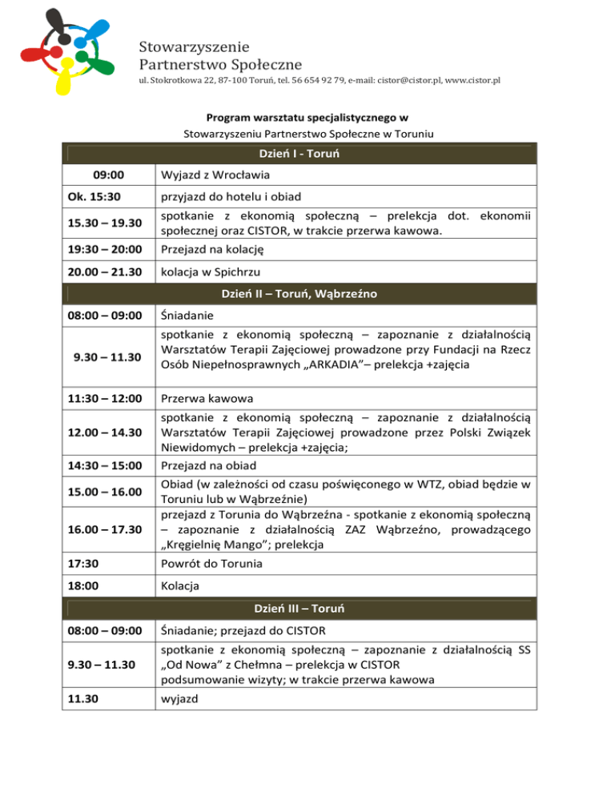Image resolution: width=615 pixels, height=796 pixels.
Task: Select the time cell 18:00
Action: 88,586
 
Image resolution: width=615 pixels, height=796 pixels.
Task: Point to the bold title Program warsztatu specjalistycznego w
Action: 307,118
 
